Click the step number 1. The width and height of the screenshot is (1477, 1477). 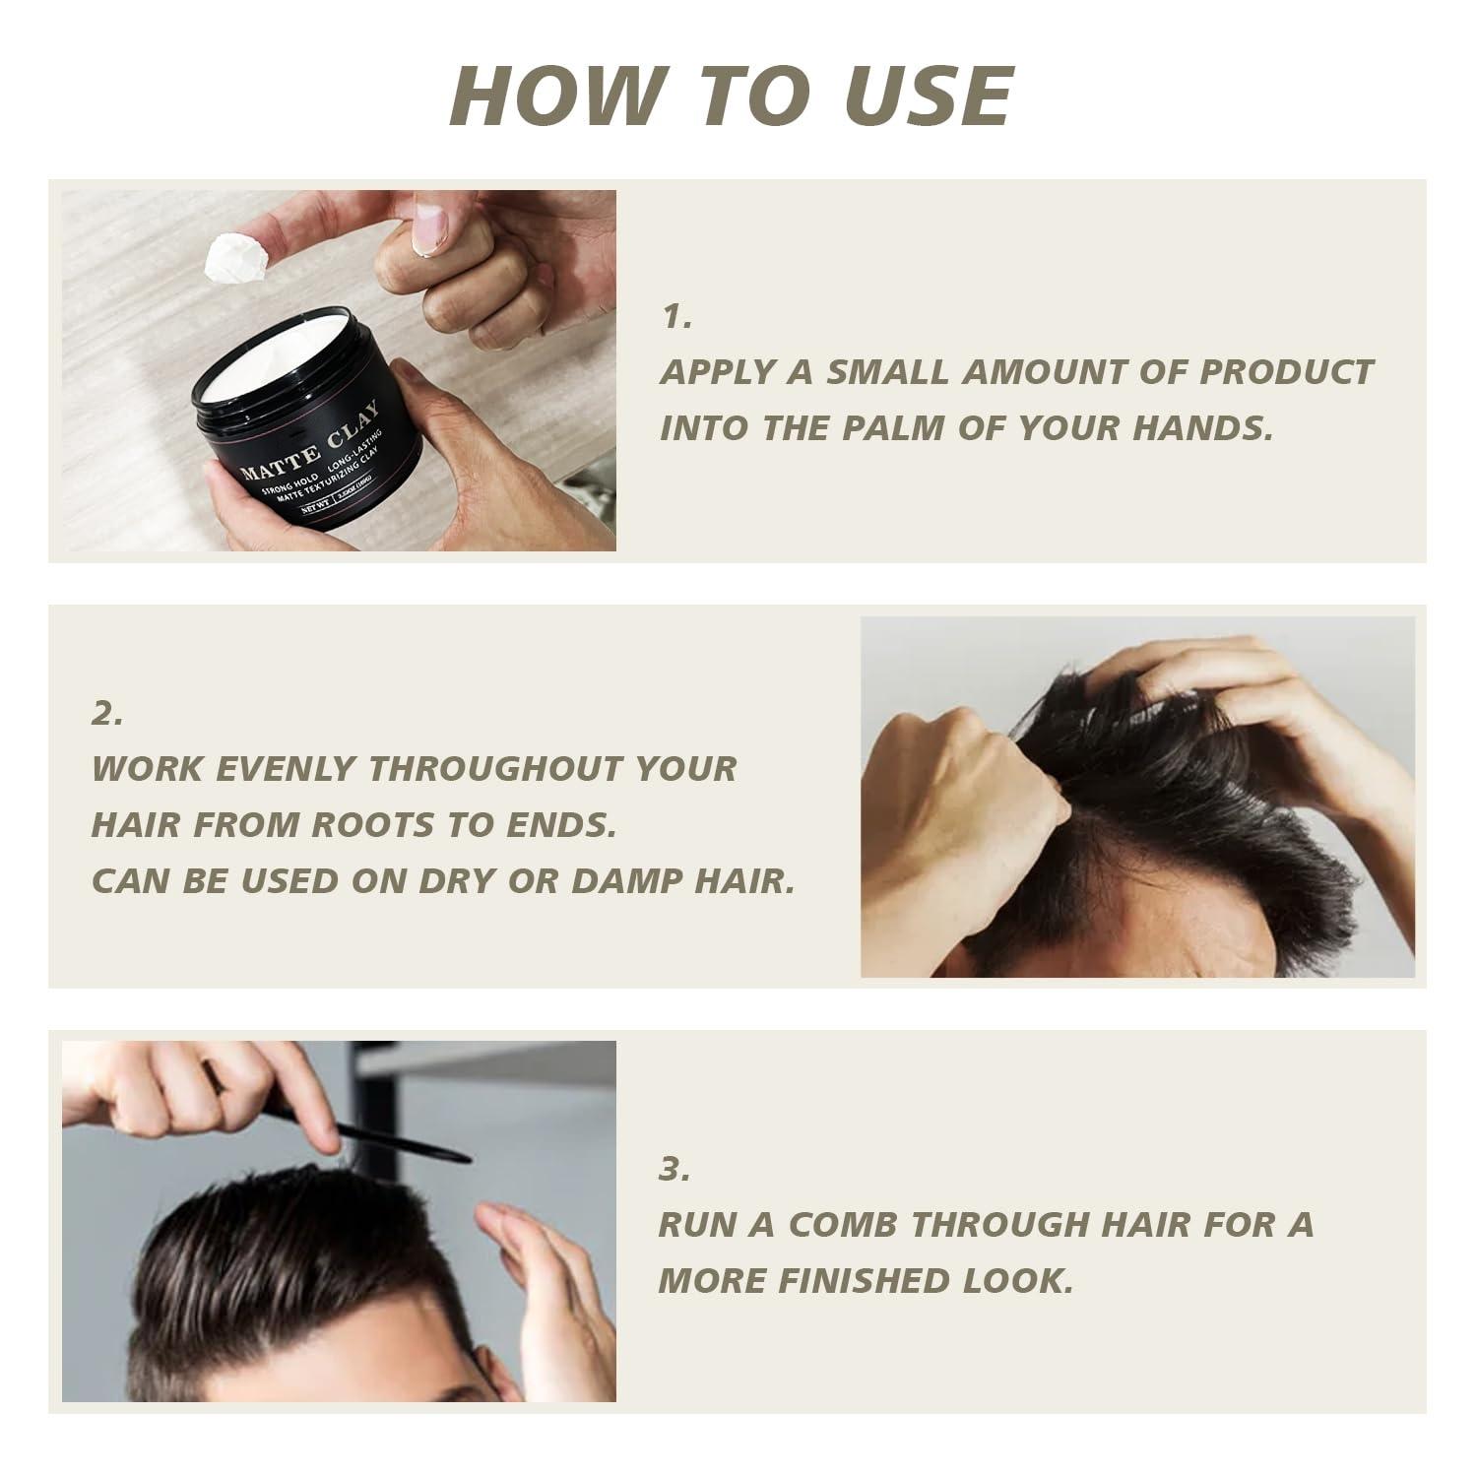676,316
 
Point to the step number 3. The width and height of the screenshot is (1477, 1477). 674,1170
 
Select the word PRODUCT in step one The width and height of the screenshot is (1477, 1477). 1285,372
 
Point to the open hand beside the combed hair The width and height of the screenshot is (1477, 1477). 542,1280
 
